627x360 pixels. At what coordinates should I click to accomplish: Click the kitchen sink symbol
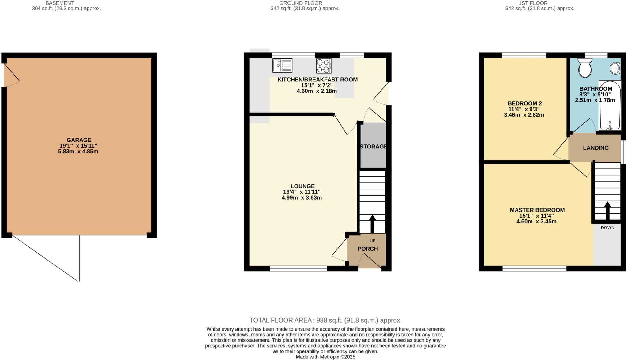pos(282,66)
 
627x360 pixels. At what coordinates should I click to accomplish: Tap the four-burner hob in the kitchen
pos(324,66)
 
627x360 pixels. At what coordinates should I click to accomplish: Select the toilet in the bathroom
pos(585,68)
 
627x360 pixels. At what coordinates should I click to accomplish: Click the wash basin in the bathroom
pos(615,68)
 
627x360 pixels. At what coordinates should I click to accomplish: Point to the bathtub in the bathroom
pos(610,106)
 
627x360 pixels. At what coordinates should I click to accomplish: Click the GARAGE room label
pos(79,140)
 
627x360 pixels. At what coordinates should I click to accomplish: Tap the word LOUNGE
pos(302,186)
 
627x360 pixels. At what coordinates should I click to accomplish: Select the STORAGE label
pos(373,147)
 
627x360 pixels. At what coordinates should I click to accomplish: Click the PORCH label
pos(368,249)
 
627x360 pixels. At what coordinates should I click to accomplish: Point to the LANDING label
pos(595,148)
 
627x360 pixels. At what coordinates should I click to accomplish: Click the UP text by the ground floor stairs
pos(372,241)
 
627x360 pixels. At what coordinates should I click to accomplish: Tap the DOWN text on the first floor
pos(607,228)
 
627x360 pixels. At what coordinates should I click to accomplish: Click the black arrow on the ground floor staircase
pos(372,223)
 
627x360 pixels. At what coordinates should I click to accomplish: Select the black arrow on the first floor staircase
pos(607,210)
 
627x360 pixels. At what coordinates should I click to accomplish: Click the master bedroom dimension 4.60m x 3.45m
pos(536,221)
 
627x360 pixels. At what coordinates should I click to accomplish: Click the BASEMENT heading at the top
pos(60,3)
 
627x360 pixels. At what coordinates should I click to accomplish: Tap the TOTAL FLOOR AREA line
pos(325,320)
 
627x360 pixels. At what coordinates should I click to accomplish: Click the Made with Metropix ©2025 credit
pos(325,357)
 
